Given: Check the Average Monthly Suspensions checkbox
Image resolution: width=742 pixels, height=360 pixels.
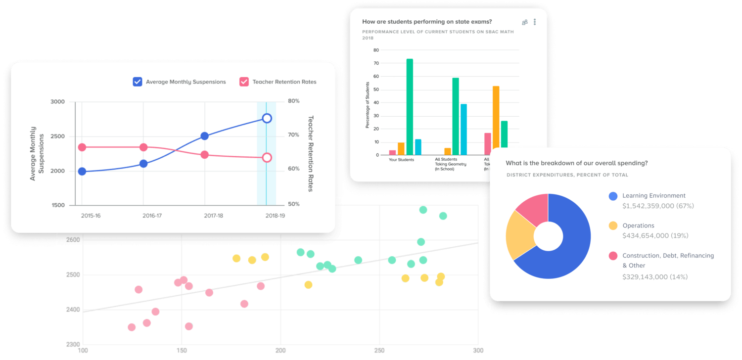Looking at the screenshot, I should click(x=138, y=82).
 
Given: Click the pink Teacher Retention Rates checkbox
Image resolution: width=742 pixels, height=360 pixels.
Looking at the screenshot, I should click(x=244, y=82).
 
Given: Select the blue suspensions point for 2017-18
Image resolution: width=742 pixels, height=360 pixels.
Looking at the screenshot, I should click(x=205, y=136).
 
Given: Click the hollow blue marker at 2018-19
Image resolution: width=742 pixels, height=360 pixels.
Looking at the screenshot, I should click(x=267, y=118).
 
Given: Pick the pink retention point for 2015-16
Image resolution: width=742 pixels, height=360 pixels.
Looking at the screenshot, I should click(x=82, y=147).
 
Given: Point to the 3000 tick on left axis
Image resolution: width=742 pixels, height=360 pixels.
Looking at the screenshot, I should click(x=57, y=102).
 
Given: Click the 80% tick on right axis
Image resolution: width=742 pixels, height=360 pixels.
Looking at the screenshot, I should click(x=294, y=101).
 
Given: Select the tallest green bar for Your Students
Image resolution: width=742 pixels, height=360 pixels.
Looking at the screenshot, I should click(x=410, y=107).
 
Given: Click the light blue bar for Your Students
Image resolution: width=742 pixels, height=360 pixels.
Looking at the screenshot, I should click(x=418, y=147).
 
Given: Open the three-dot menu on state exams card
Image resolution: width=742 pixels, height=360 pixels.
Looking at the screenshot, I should click(x=535, y=22).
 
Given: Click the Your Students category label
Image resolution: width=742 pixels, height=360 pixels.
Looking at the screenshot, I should click(x=401, y=160).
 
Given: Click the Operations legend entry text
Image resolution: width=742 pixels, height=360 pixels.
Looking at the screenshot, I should click(x=638, y=225).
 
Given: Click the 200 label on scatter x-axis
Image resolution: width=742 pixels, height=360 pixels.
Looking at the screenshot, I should click(x=280, y=351).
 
